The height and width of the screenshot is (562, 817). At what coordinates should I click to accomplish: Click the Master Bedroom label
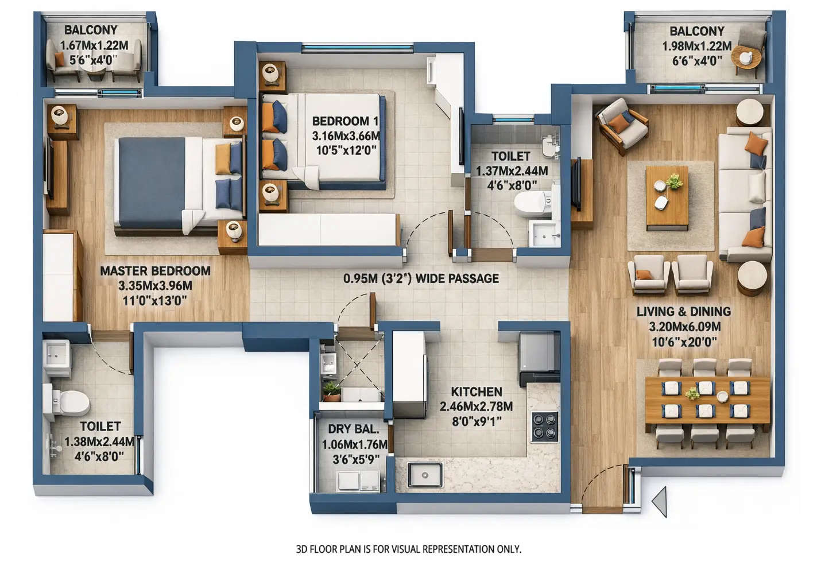click(155, 271)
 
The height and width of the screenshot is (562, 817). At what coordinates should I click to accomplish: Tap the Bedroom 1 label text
click(345, 121)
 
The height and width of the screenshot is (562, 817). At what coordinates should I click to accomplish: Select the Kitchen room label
click(476, 392)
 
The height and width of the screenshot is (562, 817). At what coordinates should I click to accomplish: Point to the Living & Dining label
click(683, 312)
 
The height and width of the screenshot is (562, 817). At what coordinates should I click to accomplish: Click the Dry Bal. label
click(353, 429)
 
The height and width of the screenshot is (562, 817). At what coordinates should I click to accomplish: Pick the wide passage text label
click(421, 278)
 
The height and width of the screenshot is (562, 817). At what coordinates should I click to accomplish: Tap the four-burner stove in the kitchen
click(544, 427)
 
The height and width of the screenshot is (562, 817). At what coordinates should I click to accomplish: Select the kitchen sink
click(425, 475)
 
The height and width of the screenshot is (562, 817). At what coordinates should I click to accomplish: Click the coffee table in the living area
click(667, 197)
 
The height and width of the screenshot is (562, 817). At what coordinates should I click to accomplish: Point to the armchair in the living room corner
click(622, 125)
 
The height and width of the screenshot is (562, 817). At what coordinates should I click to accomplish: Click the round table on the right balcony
click(747, 58)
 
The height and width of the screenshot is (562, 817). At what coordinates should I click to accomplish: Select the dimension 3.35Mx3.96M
click(155, 286)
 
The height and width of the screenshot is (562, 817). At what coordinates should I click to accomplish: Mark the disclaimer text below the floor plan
click(408, 549)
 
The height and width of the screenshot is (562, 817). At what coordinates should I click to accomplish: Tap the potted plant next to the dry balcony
click(331, 392)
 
